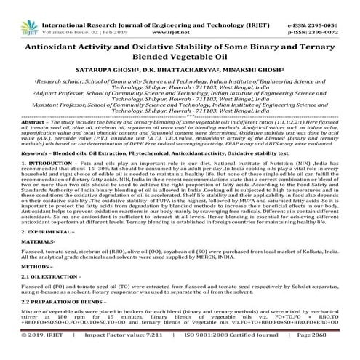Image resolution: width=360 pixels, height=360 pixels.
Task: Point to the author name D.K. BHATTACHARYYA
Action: click(x=181, y=64)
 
